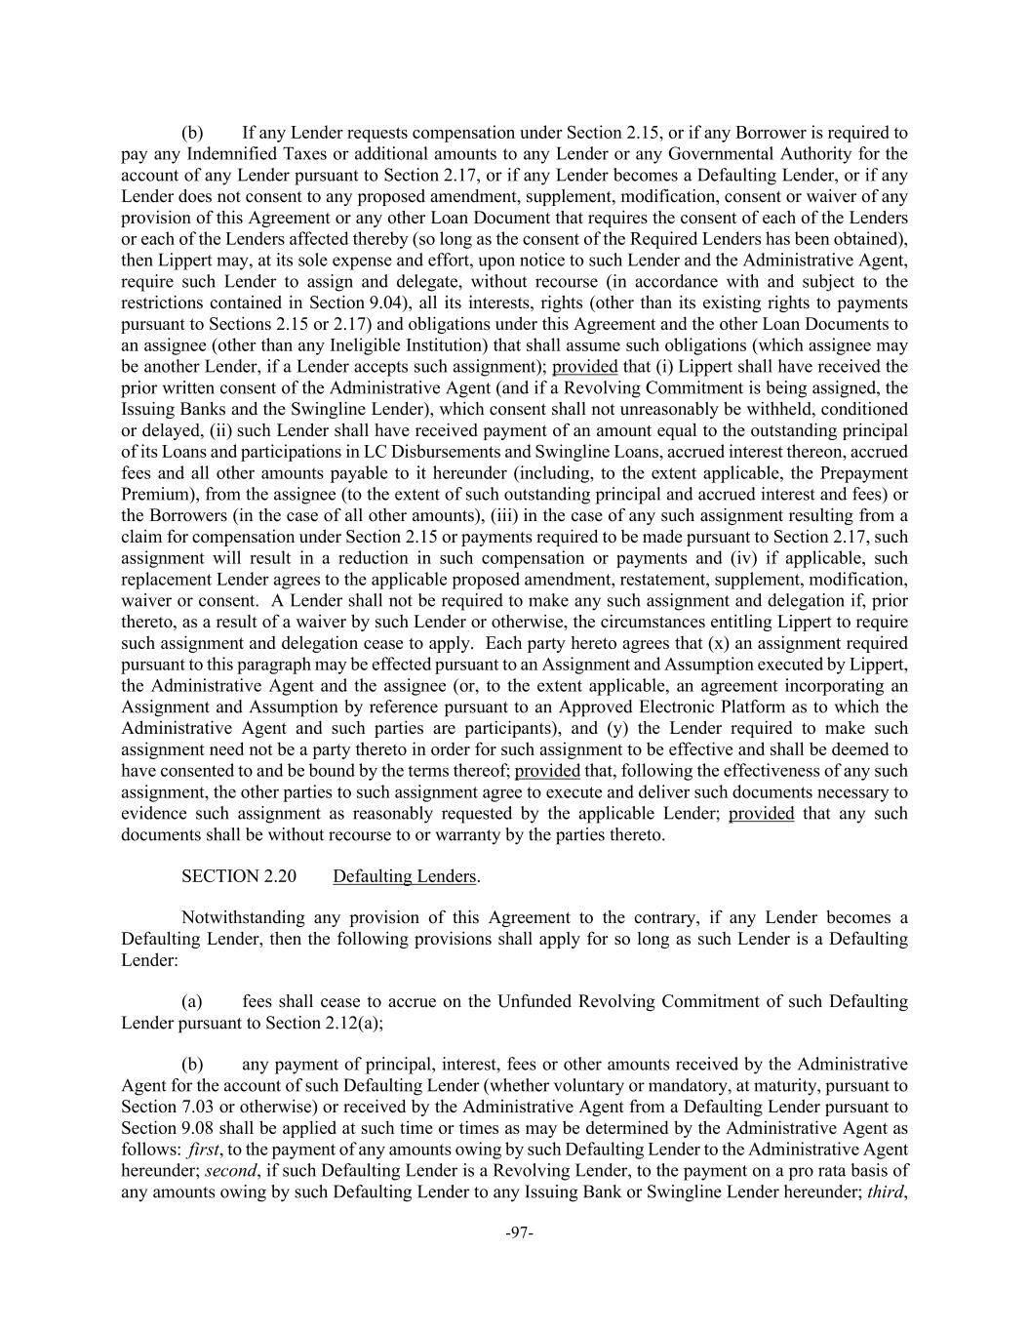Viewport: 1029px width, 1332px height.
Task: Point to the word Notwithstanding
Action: (x=243, y=917)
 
